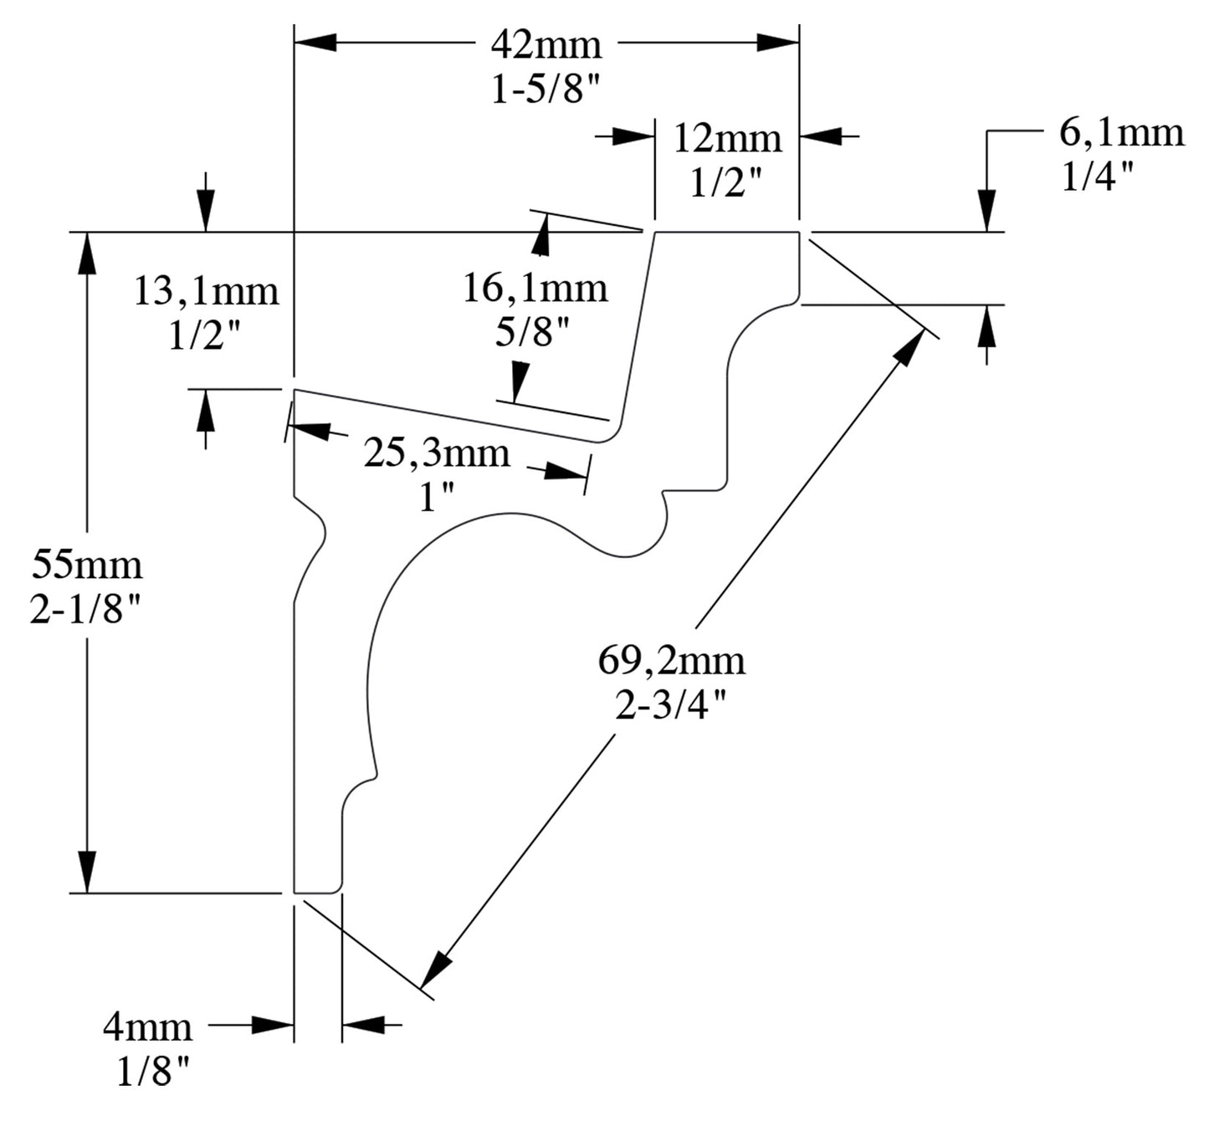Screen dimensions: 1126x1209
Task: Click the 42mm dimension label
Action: (546, 44)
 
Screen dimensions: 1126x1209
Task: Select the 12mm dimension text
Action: (727, 138)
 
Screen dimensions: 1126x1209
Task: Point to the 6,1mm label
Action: (1121, 132)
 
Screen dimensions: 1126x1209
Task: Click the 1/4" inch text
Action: (1098, 177)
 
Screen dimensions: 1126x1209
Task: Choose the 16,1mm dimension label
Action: (535, 288)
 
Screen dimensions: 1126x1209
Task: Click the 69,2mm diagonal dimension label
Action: (671, 661)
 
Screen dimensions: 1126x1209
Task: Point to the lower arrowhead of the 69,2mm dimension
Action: (435, 972)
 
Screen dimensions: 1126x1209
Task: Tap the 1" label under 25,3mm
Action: (436, 499)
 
